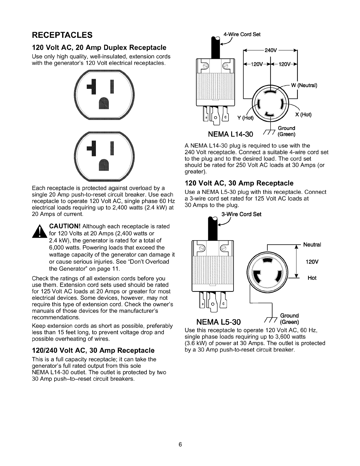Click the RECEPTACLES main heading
(62, 35)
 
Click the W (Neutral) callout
(304, 86)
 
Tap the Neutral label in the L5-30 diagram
(312, 245)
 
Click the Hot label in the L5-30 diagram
(312, 278)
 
